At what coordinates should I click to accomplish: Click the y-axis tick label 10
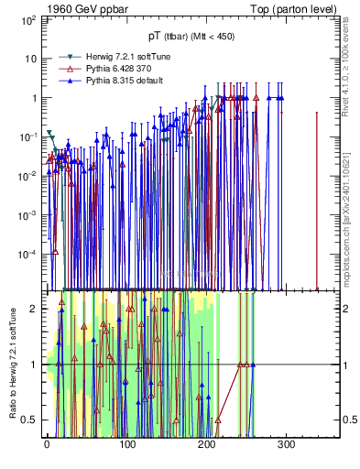point(27,58)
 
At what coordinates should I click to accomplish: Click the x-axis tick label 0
point(47,444)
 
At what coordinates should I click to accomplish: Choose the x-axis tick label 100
point(126,444)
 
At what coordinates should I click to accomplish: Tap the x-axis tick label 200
point(206,444)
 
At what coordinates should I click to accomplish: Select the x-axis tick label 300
point(286,444)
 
